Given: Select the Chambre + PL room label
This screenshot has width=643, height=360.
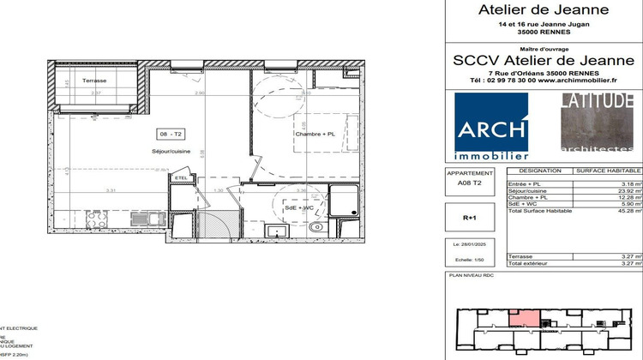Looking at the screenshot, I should click(x=315, y=134).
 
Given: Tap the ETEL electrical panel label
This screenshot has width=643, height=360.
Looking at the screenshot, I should click(x=180, y=177).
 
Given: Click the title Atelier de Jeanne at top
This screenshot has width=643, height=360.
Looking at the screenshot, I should click(x=543, y=10).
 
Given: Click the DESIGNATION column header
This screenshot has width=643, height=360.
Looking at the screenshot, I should click(x=532, y=170).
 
